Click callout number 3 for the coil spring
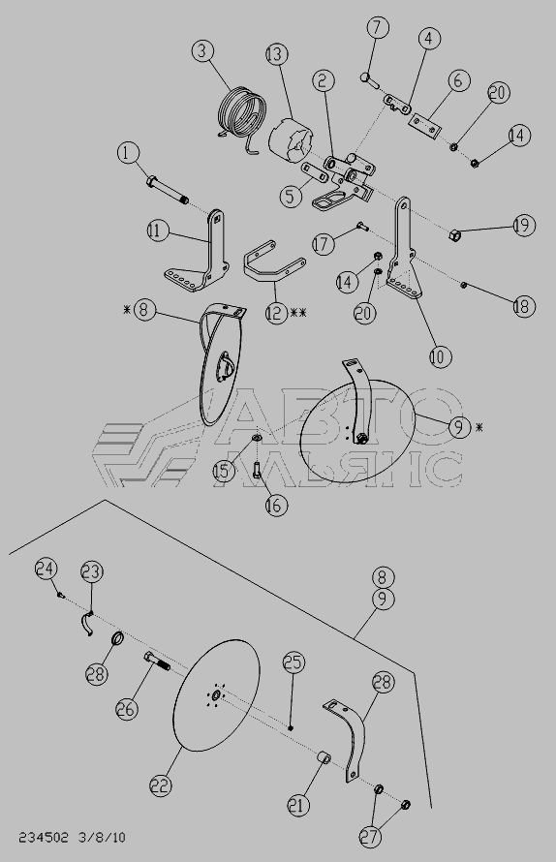pos(203,51)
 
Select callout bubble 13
pos(276,54)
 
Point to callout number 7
pos(378,28)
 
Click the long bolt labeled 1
pos(168,190)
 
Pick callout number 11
pos(158,231)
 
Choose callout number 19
pos(524,225)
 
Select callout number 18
pos(524,306)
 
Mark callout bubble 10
pos(440,356)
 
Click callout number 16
pos(276,505)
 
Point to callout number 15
pos(224,471)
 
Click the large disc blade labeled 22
pos(216,695)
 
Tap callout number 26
pos(127,709)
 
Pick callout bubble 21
pos(298,806)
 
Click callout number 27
pos(370,837)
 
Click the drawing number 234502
pos(44,837)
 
